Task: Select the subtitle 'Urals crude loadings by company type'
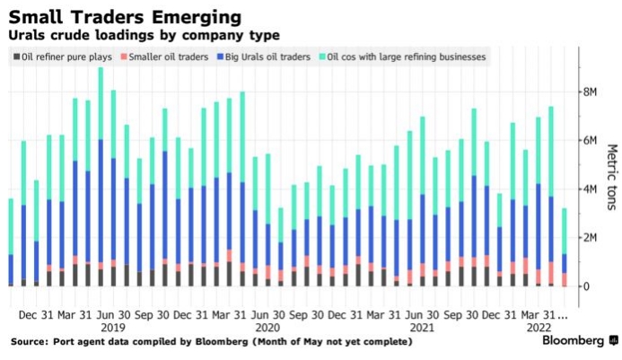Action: pyautogui.click(x=145, y=35)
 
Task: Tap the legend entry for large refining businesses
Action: pyautogui.click(x=407, y=57)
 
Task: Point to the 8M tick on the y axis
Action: pyautogui.click(x=590, y=92)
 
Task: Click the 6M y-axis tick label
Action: pyautogui.click(x=590, y=140)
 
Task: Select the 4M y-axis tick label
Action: pyautogui.click(x=590, y=189)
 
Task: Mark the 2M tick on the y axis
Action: pyautogui.click(x=590, y=237)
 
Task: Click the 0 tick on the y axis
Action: pyautogui.click(x=585, y=285)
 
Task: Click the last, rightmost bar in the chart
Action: pyautogui.click(x=563, y=247)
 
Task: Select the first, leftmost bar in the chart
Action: pyautogui.click(x=11, y=242)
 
